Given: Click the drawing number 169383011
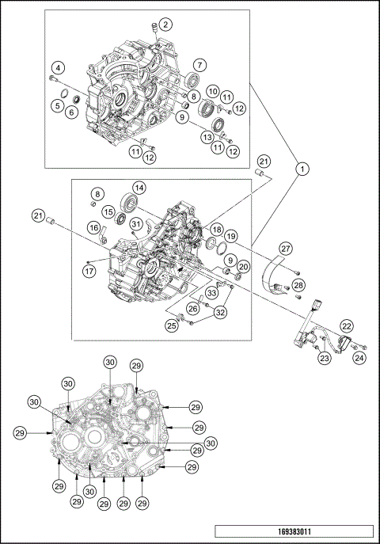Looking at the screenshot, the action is coord(294,531).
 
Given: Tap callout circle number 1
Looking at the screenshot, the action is coord(302,169).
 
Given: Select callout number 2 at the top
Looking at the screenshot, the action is coord(165,25).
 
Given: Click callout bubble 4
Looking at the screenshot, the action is coord(58,68).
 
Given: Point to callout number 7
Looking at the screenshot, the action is coord(200,65).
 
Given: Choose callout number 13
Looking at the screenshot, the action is coord(207,137).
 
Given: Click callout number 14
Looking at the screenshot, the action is coord(139,188).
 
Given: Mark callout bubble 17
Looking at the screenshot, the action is coord(89,271).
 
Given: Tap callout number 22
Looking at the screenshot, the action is coord(347,326).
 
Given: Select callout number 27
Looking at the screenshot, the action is coord(287,249).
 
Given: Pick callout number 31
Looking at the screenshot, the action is coord(136,224).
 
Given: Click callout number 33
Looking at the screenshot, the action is coord(211,293).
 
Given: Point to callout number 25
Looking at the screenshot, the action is coord(172,325).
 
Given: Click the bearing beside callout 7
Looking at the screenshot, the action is coord(192,80).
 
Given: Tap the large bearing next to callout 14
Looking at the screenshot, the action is coord(130,203).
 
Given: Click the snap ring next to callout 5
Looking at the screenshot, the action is coord(63,93).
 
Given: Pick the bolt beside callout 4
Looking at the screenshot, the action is coord(53,79).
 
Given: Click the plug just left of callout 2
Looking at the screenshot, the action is coord(154,29).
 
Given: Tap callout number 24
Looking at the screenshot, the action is coord(359,358).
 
